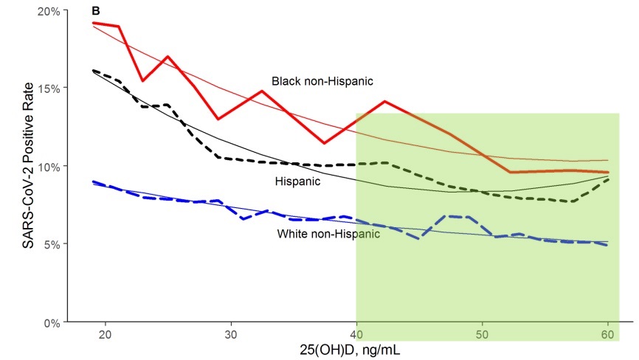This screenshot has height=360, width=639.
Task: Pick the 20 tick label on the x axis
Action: click(x=105, y=333)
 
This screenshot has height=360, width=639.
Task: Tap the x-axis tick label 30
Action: click(x=231, y=333)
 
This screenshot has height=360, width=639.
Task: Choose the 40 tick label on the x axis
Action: click(x=356, y=333)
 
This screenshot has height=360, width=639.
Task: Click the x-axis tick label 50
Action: click(x=483, y=333)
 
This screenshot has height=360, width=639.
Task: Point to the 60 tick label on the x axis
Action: click(x=608, y=333)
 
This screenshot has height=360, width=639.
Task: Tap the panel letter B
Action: click(x=96, y=11)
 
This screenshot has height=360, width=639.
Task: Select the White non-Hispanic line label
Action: click(x=328, y=235)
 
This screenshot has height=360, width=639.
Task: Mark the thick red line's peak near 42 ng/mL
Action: click(x=384, y=101)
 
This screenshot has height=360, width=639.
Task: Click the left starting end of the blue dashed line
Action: click(x=92, y=181)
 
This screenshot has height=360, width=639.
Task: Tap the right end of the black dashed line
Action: click(x=608, y=179)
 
